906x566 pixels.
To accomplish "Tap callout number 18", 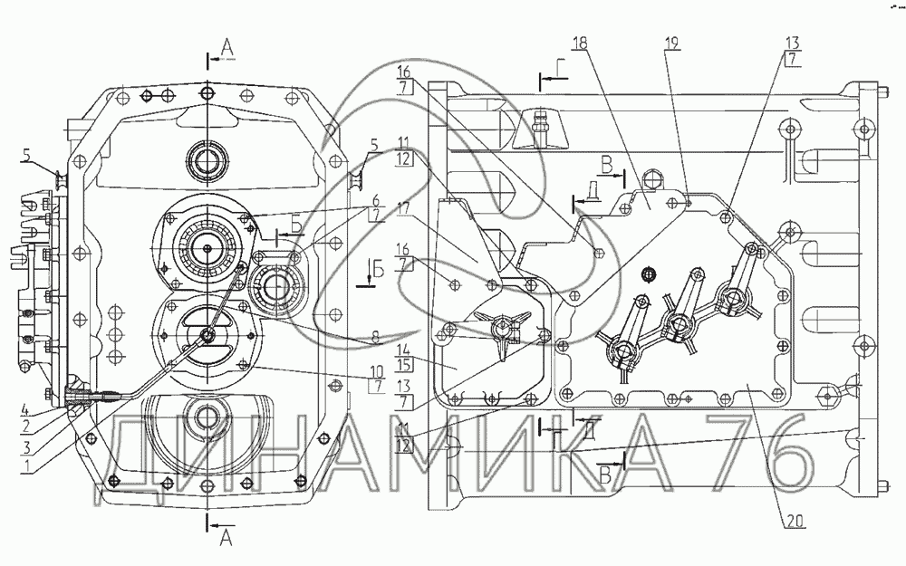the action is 579,42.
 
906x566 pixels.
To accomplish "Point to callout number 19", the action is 671,42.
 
